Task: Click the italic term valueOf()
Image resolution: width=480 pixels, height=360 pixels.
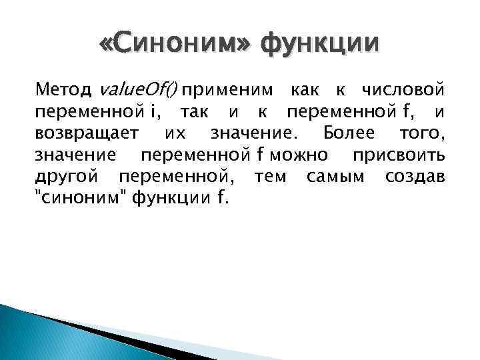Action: click(x=139, y=89)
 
